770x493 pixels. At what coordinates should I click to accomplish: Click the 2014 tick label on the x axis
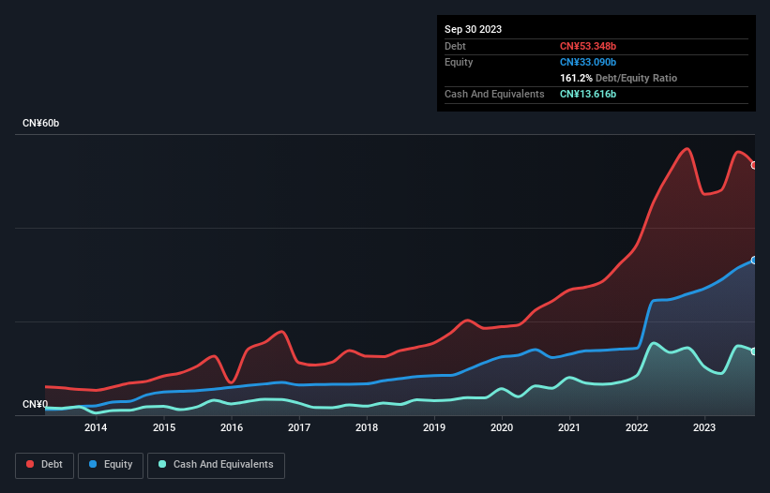(x=95, y=428)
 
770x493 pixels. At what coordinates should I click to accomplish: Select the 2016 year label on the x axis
(x=232, y=428)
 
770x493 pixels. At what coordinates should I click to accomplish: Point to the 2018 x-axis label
(x=367, y=428)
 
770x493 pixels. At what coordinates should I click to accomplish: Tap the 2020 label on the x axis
(x=502, y=428)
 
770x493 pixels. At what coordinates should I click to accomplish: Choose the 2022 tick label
(x=638, y=428)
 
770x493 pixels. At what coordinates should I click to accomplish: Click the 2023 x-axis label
(x=705, y=428)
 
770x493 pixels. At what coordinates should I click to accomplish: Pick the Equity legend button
(x=110, y=465)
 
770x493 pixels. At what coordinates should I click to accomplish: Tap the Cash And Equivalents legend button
(x=215, y=465)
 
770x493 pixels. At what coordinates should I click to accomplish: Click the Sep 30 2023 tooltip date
(x=473, y=29)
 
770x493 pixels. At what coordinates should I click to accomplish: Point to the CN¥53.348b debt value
(x=588, y=46)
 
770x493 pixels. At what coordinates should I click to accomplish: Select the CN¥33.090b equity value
(x=588, y=62)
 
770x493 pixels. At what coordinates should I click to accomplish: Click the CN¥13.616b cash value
(x=588, y=95)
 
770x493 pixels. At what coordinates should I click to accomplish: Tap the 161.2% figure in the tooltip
(x=576, y=79)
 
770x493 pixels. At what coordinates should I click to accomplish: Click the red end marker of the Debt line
(x=754, y=165)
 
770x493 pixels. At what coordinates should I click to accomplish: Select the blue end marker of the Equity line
(x=754, y=261)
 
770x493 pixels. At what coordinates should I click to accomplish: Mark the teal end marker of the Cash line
(x=754, y=351)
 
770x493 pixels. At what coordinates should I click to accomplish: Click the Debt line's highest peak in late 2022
(x=687, y=148)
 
